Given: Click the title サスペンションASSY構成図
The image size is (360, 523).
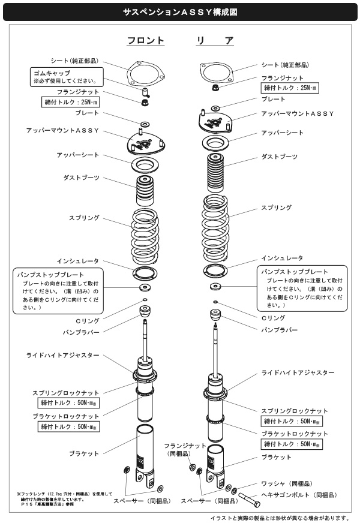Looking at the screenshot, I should [x=179, y=11].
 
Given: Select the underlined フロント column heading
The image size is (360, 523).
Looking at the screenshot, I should [x=145, y=41].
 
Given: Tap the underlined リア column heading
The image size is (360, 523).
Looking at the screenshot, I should [x=215, y=41].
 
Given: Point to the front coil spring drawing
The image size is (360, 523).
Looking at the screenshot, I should [x=145, y=234].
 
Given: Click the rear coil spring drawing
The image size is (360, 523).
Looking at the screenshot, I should [x=215, y=222].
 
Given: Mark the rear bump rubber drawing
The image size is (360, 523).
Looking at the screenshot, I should [x=215, y=315].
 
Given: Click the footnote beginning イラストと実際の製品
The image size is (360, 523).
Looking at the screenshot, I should [x=280, y=517].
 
